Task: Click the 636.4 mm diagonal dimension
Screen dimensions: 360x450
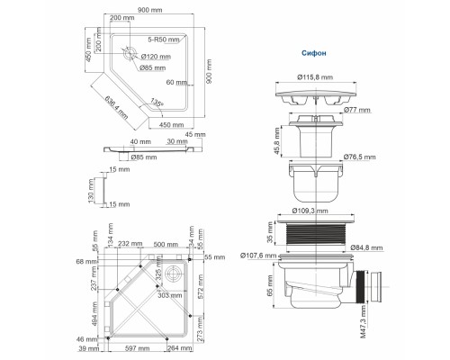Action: coord(111,108)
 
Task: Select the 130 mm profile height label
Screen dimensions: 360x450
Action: coord(92,193)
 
